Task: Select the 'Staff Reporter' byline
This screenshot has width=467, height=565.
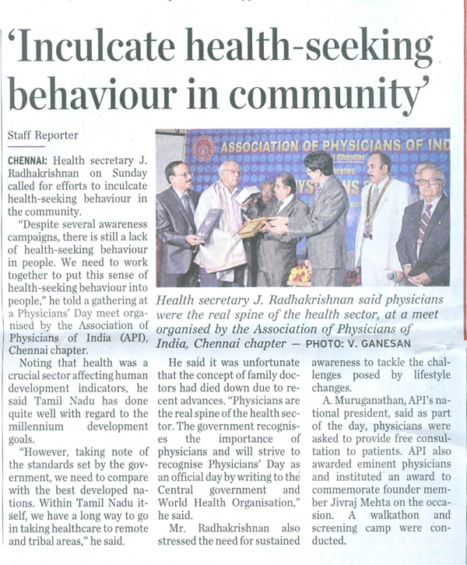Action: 37,135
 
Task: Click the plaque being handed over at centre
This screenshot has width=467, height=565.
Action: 253,227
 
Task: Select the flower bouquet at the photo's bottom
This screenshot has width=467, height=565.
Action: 299,274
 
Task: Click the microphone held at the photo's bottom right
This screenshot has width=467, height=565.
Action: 396,276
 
